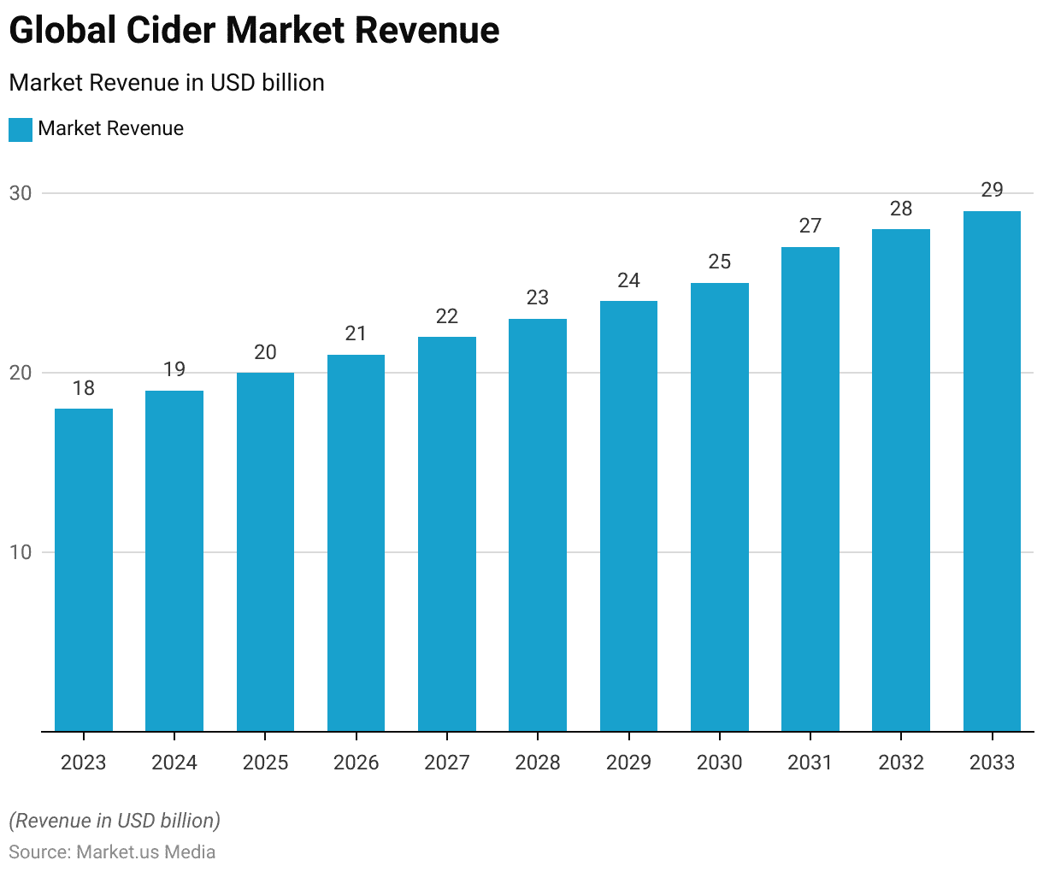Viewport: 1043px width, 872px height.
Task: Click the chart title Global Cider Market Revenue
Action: click(x=254, y=31)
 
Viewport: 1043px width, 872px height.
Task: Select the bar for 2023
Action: click(x=84, y=569)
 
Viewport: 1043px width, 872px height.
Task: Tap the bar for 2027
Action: click(x=447, y=533)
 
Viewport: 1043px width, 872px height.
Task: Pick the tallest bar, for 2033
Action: click(x=992, y=471)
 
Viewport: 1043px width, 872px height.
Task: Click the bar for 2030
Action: click(x=720, y=507)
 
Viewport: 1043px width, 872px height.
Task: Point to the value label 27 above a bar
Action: click(x=810, y=226)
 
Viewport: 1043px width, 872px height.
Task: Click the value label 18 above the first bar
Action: click(x=84, y=388)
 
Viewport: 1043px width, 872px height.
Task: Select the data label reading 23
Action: click(x=538, y=298)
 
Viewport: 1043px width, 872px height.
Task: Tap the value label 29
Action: click(x=992, y=190)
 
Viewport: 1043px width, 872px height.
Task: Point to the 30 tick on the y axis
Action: click(x=21, y=193)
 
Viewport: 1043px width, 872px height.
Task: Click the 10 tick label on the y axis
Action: click(x=21, y=552)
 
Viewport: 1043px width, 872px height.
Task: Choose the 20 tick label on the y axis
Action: click(x=21, y=373)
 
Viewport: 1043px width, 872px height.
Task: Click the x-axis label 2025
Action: click(x=265, y=763)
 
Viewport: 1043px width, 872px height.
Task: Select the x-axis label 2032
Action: click(x=901, y=763)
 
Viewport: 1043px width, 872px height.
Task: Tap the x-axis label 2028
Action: click(x=538, y=763)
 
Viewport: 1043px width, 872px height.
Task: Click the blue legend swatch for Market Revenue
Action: click(x=21, y=129)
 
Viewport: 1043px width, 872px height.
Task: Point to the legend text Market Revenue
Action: click(x=111, y=128)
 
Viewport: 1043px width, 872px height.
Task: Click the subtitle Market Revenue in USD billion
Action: click(x=167, y=83)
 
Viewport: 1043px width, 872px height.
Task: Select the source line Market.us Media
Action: click(x=112, y=852)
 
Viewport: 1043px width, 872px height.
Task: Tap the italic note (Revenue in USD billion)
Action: click(x=115, y=821)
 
